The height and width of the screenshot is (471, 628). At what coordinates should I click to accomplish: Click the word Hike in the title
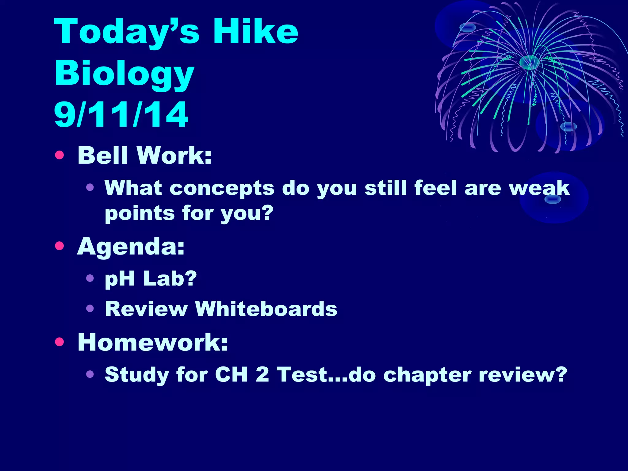(x=255, y=31)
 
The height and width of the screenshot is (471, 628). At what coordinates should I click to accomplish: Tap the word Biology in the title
(x=124, y=74)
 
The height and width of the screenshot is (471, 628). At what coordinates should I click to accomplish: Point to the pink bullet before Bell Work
(x=59, y=155)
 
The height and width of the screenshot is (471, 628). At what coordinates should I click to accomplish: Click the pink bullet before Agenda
(x=59, y=246)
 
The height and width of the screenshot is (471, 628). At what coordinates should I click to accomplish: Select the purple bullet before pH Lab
(x=90, y=278)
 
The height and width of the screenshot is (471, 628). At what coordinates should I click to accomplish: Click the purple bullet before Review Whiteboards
(x=90, y=308)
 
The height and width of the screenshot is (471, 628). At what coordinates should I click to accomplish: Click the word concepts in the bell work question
(x=222, y=188)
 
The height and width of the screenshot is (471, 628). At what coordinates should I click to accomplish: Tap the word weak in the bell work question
(x=539, y=188)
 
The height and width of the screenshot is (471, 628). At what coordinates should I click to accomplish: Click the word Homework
(x=152, y=342)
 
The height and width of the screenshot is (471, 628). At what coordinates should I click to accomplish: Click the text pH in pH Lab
(x=120, y=279)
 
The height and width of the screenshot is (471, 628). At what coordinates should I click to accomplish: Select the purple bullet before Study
(x=90, y=374)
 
